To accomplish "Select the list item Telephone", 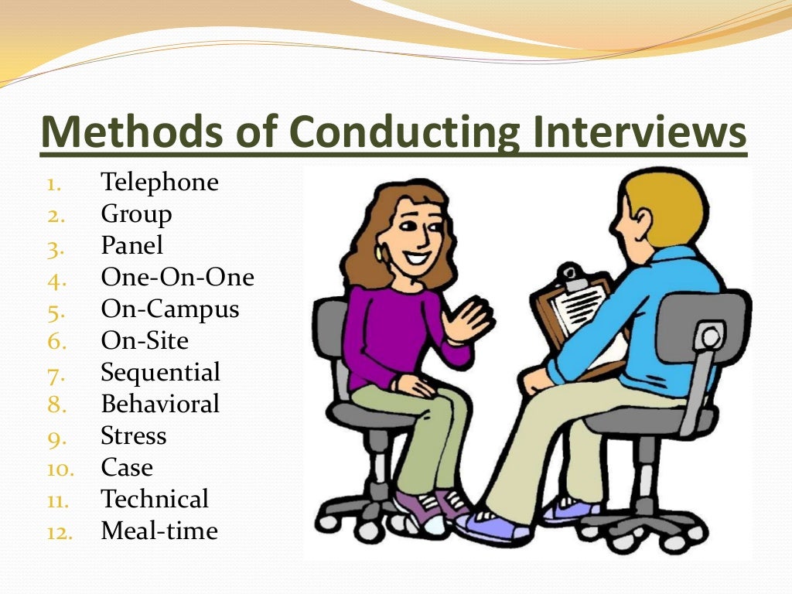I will (159, 183).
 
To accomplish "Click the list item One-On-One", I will (177, 277).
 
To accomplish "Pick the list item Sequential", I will (160, 372).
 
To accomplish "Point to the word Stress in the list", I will (133, 435).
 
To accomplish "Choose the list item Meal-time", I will (159, 531).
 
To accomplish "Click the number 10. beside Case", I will (60, 469).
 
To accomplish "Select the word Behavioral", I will (160, 404).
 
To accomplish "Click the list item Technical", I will (155, 499).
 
